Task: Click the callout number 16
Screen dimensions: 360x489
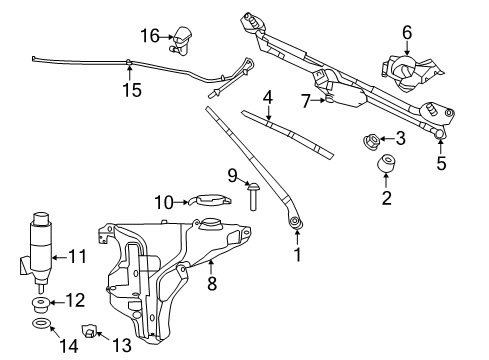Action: coord(150,36)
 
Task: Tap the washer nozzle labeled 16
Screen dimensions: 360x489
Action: coord(185,38)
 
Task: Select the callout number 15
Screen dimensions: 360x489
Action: coord(132,90)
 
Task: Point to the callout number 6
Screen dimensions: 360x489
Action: coord(406,33)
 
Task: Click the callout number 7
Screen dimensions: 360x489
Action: coord(306,101)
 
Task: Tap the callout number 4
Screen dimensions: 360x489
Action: coord(268,97)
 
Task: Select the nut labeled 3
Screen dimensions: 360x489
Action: coord(368,139)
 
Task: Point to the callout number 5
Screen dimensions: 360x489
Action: coord(440,162)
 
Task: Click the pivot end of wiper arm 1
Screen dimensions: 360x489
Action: coord(295,223)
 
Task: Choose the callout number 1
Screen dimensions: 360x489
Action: coord(296,254)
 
